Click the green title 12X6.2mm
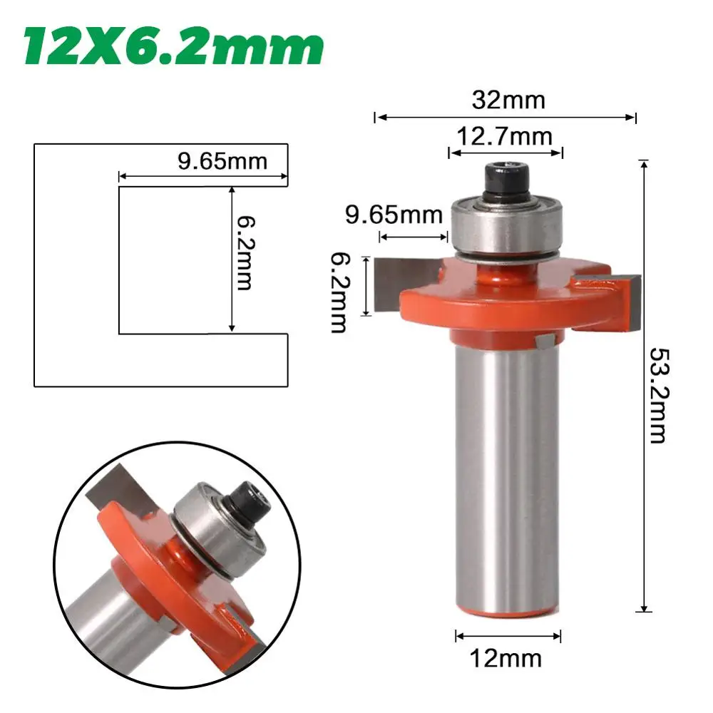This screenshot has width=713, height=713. coord(173,47)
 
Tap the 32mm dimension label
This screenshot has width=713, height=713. coord(508,100)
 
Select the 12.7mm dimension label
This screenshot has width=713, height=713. coord(504,136)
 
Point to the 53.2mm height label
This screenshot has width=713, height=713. coord(657,396)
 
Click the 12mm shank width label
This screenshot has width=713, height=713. coord(506,658)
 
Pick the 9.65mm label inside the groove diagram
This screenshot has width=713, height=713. coord(222,161)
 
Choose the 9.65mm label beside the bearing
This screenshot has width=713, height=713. coord(394,215)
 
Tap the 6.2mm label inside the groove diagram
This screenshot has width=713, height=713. coord(245,253)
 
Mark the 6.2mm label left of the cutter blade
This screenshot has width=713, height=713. coord(339,293)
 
